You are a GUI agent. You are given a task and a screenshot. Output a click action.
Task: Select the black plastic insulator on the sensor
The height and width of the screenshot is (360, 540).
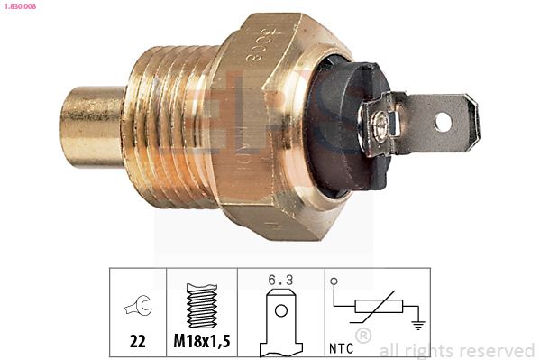pyautogui.click(x=347, y=126)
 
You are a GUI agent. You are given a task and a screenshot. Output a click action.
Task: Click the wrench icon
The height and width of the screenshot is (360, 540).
pyautogui.click(x=138, y=307)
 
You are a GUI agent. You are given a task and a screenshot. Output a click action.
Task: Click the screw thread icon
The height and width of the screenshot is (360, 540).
pyautogui.click(x=201, y=307)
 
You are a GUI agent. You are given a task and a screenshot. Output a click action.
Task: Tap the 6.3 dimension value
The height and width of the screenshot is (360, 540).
pyautogui.click(x=280, y=280)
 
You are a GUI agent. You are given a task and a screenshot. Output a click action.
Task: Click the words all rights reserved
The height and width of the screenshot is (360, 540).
pyautogui.click(x=457, y=349)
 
